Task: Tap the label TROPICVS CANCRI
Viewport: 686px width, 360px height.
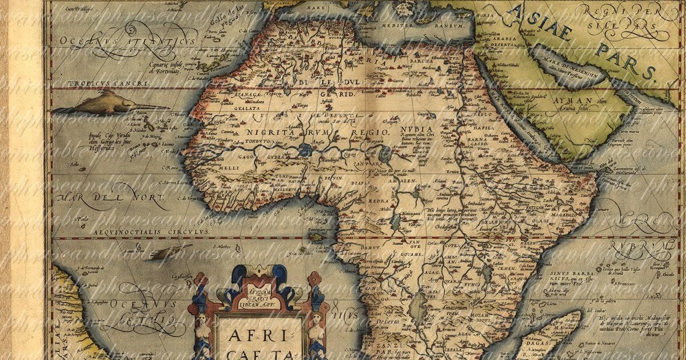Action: tap(100, 83)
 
